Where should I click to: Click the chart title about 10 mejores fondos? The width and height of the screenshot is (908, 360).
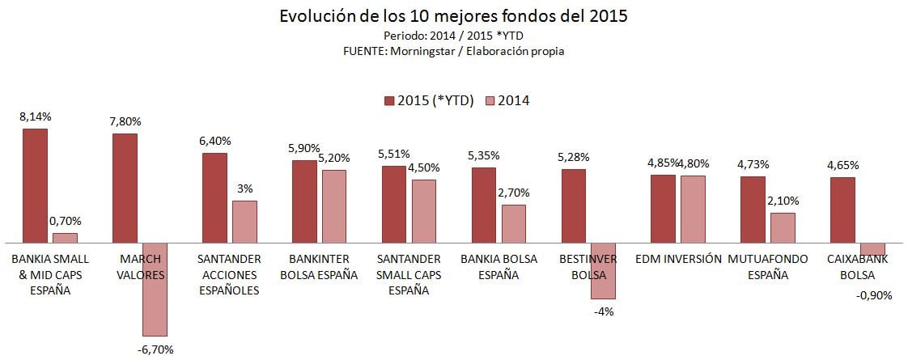coord(453,16)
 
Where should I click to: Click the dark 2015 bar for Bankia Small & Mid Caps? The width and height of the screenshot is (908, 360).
coord(35,185)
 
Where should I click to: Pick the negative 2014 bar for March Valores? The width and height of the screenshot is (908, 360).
coord(155,289)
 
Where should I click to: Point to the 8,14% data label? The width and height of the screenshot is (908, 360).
coord(35,117)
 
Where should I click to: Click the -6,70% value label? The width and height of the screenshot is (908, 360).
coord(156,349)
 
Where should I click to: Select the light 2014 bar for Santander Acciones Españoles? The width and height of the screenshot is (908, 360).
coord(244,222)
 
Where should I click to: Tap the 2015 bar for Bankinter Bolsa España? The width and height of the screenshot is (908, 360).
coord(304,201)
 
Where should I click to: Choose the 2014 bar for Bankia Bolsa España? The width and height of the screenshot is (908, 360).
coord(514,223)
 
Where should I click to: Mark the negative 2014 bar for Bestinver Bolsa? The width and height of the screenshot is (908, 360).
coord(603,270)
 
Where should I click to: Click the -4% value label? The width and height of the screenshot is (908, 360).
coord(603,311)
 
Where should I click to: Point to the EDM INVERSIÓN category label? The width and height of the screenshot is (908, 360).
coord(678,260)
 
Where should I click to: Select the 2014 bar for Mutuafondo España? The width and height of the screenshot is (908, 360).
coord(783,227)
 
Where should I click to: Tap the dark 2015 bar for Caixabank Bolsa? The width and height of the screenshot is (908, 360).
coord(842,210)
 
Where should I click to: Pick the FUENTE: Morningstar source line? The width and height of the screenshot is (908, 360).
coord(453,51)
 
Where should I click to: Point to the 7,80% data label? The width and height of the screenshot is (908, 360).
coord(125,121)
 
